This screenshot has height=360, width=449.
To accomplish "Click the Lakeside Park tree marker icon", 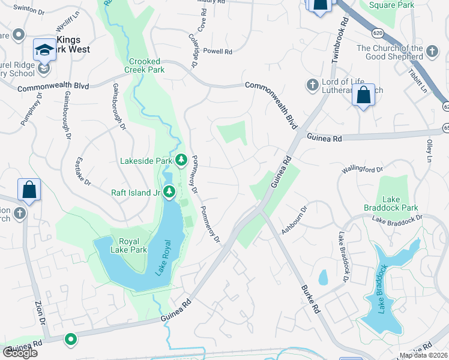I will click(x=181, y=160).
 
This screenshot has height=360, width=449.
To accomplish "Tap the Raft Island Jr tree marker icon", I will click(x=170, y=192).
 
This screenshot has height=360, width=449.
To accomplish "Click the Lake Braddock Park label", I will click(x=399, y=203).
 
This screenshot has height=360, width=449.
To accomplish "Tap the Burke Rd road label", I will click(x=309, y=298).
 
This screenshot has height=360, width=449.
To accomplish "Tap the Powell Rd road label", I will click(x=217, y=52).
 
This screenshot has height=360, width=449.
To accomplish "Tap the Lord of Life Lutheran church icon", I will click(x=312, y=86).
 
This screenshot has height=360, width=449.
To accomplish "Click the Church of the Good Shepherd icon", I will click(x=432, y=53).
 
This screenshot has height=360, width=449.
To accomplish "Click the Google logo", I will click(x=20, y=353).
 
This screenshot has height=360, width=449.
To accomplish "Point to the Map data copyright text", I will click(x=423, y=355).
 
